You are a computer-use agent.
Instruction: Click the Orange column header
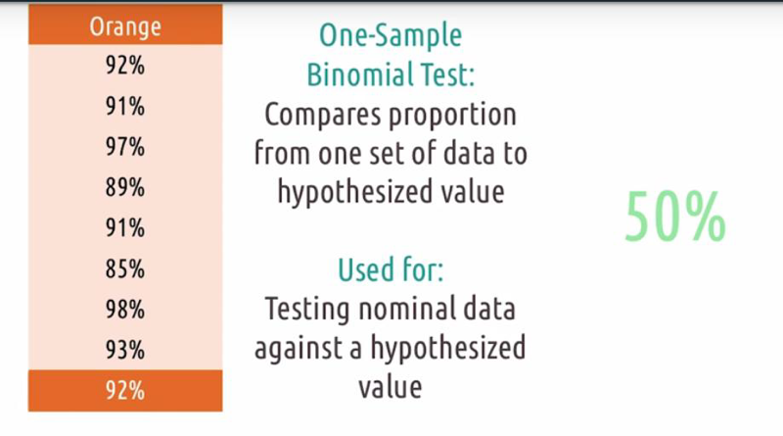[125, 26]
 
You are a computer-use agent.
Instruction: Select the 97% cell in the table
[125, 147]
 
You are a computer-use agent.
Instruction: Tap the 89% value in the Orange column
[125, 187]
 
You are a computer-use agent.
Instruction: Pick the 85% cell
[125, 268]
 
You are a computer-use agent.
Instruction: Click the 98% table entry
[125, 309]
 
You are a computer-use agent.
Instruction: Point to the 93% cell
[125, 350]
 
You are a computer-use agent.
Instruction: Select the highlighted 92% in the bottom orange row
[125, 391]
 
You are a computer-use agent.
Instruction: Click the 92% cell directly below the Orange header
[125, 66]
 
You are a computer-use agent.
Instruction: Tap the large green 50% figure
[675, 217]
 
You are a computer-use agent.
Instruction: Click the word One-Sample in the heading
[391, 36]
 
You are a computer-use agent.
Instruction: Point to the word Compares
[324, 116]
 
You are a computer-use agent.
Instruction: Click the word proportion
[452, 116]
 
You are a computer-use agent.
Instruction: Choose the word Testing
[307, 310]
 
